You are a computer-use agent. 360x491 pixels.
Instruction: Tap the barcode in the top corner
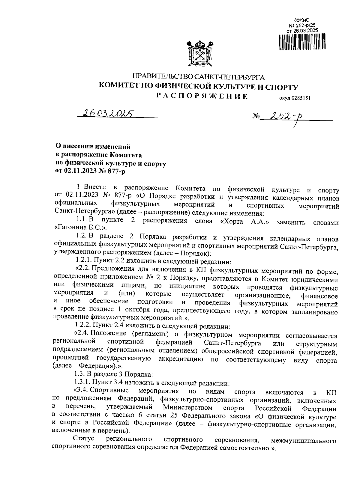pos(302,42)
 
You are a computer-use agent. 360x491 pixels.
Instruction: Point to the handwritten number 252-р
pos(286,118)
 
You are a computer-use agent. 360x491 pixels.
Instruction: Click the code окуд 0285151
pos(293,97)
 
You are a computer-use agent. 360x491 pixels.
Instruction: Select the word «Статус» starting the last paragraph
pos(83,440)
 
